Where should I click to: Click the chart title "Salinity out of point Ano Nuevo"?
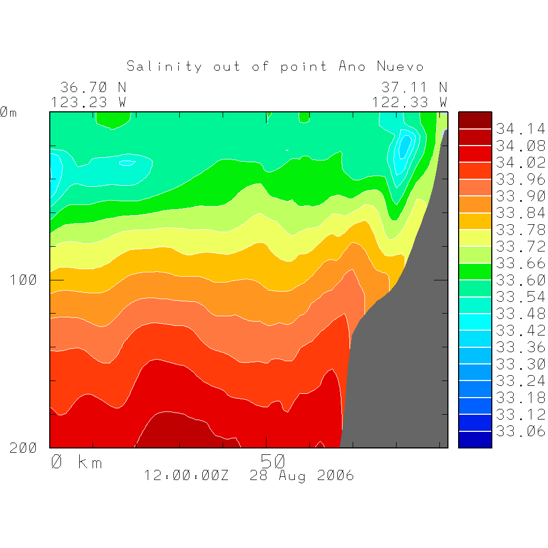point(275,66)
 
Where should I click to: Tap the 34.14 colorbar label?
point(520,129)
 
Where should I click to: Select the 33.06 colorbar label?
point(520,431)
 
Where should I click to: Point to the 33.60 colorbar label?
point(520,280)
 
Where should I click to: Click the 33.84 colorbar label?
point(520,213)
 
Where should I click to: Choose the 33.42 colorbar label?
point(520,330)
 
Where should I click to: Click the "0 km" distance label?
point(77,462)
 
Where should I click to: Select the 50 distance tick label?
point(273,461)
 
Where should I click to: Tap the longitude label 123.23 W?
point(88,102)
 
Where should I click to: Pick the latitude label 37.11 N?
point(414,87)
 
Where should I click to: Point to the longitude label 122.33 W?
point(409,102)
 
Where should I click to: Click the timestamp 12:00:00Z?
point(187,475)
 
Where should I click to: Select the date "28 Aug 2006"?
point(302,475)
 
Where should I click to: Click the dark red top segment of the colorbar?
point(475,120)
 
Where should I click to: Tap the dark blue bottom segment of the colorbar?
point(475,439)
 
